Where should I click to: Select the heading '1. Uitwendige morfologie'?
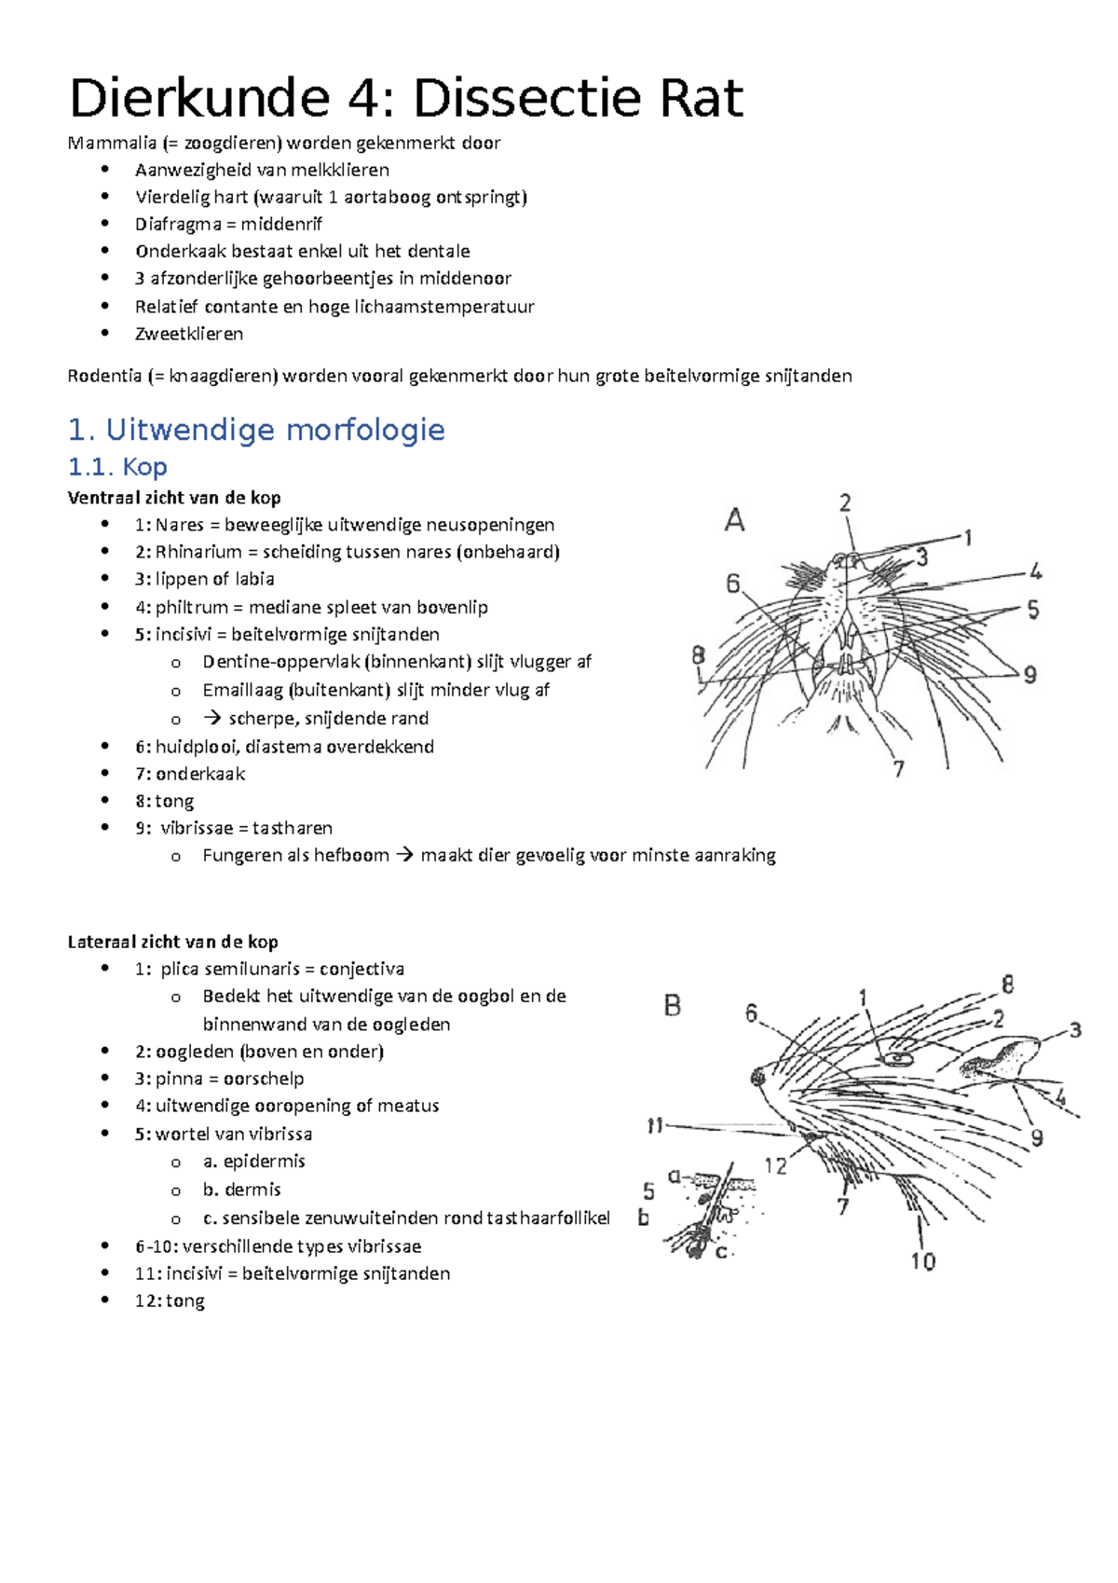coord(256,430)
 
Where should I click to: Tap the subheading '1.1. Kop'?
coord(117,467)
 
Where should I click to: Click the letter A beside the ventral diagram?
coord(735,520)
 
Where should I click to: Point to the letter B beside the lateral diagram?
coord(673,1006)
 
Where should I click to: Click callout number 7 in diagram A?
coord(899,769)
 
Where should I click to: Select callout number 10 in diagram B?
coord(922,1261)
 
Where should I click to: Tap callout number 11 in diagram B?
coord(655,1126)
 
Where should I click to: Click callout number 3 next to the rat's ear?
coord(1075,1030)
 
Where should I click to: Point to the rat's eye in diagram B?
coord(898,1058)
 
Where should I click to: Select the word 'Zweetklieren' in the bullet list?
coord(189,334)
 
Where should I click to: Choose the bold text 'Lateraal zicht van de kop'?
coord(173,942)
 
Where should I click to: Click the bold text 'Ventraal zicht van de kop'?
coord(174,498)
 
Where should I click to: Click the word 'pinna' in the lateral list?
coord(179,1079)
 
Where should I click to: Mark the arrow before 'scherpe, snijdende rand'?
coord(212,718)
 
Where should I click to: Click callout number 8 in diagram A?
coord(699,655)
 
